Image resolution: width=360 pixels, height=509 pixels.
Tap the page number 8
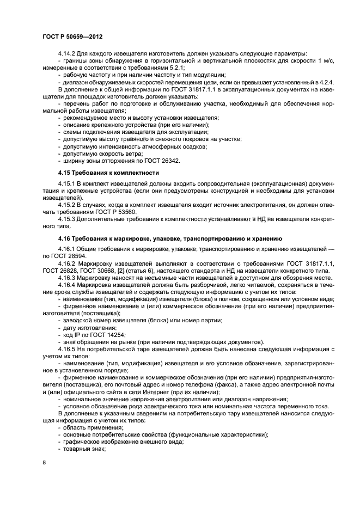pyautogui.click(x=44, y=462)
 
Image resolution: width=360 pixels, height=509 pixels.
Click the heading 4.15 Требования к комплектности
pyautogui.click(x=108, y=173)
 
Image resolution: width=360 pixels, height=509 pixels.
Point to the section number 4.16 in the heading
pyautogui.click(x=65, y=238)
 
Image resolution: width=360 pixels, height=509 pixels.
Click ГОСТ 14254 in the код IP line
pyautogui.click(x=106, y=335)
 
